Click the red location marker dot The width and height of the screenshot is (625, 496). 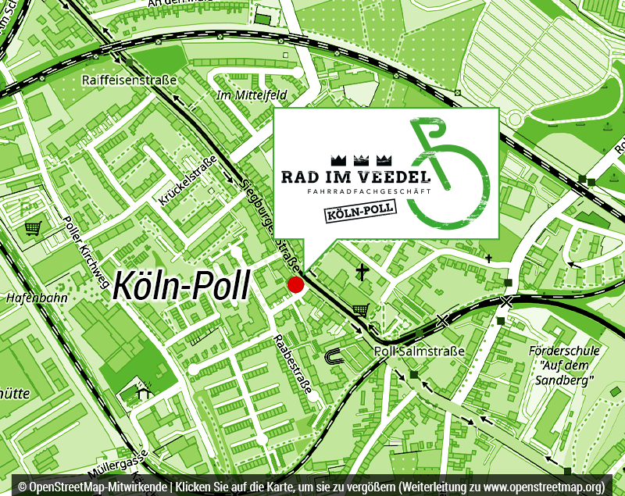[x=295, y=284]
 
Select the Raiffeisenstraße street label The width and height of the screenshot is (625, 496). [x=129, y=80]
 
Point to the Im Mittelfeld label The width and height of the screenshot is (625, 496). [x=251, y=95]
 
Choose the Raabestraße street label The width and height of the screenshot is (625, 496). [x=293, y=364]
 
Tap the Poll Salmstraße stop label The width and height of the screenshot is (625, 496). [x=420, y=351]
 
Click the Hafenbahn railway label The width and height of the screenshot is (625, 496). [x=36, y=298]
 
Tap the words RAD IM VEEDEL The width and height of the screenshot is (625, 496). [x=355, y=177]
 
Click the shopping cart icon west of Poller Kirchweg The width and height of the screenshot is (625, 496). [x=33, y=228]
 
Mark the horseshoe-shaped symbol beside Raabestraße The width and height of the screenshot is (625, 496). [x=334, y=356]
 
